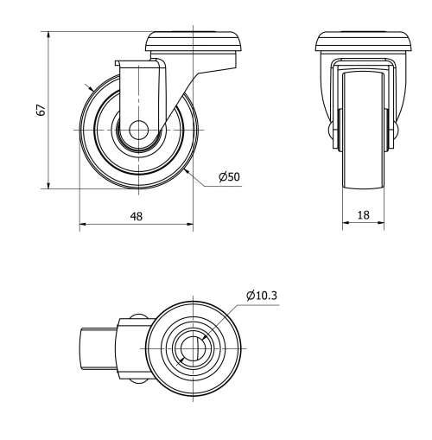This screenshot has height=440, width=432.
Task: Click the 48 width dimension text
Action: [137, 216]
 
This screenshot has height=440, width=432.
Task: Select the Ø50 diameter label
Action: [229, 177]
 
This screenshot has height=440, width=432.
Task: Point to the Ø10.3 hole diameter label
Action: [262, 296]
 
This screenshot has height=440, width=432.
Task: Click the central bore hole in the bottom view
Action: [192, 347]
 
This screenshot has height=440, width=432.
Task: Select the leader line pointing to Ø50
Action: [200, 176]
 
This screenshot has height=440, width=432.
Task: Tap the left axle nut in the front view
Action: [334, 130]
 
